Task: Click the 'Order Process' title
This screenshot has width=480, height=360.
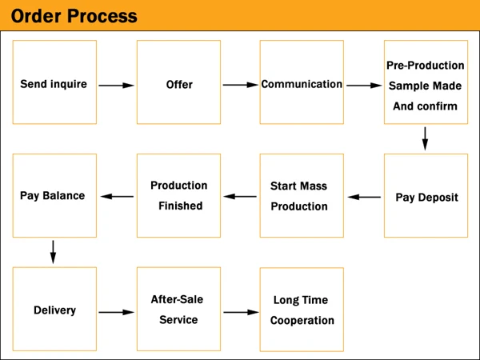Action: click(74, 16)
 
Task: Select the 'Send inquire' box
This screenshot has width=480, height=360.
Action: click(54, 82)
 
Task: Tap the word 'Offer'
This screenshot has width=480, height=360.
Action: click(179, 85)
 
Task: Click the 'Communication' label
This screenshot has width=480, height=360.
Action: click(302, 84)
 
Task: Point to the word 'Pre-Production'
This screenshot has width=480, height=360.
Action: click(426, 66)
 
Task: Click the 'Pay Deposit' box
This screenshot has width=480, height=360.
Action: click(426, 196)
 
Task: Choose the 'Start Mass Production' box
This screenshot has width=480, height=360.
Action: click(302, 196)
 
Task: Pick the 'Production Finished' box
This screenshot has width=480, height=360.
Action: click(178, 196)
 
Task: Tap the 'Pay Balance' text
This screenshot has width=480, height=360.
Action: click(52, 196)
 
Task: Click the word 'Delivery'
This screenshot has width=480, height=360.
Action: click(54, 310)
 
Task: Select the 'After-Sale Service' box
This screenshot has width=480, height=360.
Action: click(178, 309)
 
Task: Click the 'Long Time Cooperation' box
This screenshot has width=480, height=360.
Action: click(302, 310)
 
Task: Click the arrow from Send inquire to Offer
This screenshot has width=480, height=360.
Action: click(116, 86)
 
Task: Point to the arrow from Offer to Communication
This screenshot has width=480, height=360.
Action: click(241, 85)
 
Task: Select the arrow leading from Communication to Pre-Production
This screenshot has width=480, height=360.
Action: click(364, 86)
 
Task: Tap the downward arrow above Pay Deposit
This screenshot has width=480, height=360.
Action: click(425, 138)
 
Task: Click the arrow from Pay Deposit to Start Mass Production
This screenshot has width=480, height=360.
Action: click(364, 197)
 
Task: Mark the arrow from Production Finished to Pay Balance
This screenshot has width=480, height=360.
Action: click(117, 197)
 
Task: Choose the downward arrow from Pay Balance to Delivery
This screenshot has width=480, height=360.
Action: click(53, 252)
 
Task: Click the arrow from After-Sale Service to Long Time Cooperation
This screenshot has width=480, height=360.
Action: click(242, 312)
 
